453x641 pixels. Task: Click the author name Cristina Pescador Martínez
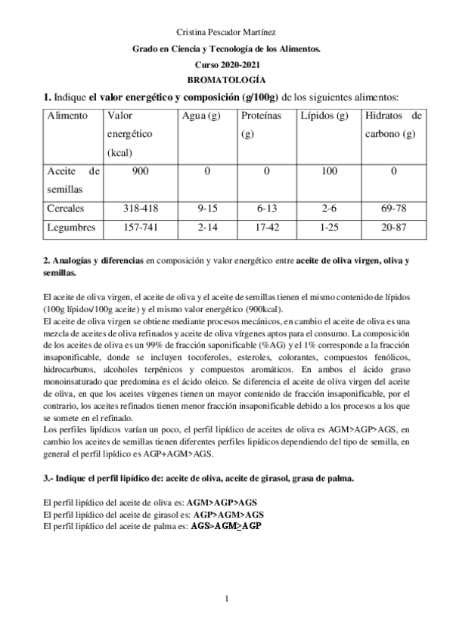coord(226,33)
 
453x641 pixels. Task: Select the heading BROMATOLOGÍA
coord(226,79)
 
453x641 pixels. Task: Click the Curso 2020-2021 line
coord(226,64)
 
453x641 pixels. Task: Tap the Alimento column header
coord(67,116)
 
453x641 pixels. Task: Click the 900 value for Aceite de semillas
coord(140,171)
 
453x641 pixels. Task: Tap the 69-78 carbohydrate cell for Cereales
coord(393,208)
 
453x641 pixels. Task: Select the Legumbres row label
coord(70,227)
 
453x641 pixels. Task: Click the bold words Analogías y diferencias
coord(93,261)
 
